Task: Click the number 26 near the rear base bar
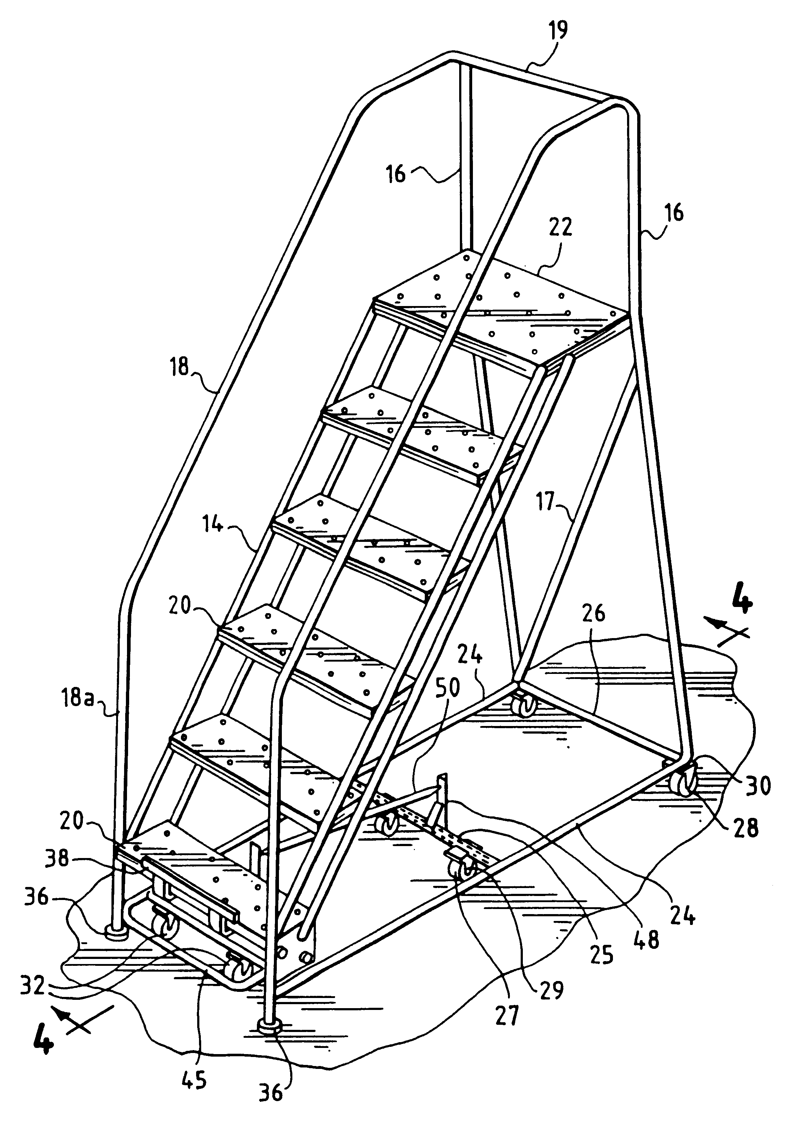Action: pos(593,613)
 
